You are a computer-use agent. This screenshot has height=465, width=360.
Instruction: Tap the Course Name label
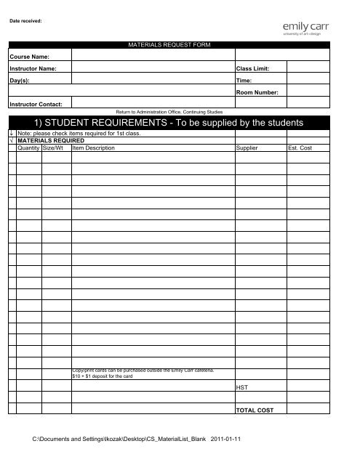coord(28,56)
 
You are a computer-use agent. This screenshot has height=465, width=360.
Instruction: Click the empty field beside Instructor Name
coord(152,68)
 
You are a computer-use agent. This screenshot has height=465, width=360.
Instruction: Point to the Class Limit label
coord(253,68)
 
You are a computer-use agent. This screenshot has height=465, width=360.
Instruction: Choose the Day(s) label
coord(20,81)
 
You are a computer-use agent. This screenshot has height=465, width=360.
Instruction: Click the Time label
coord(244,81)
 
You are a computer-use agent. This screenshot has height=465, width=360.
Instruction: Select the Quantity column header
coord(29,147)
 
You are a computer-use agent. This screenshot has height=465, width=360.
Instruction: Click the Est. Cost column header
coord(300,147)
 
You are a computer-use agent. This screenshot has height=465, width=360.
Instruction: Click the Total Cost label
coord(255,411)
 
